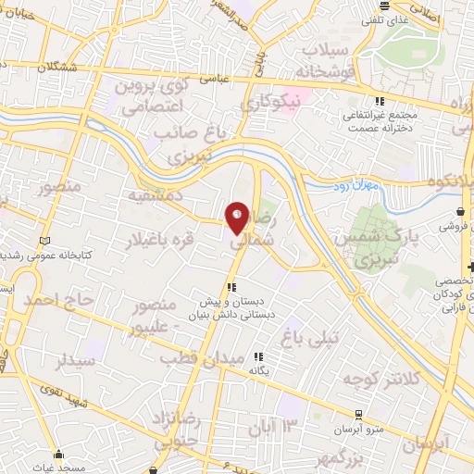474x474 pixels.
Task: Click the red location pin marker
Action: click(x=237, y=218)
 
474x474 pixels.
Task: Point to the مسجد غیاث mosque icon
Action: click(x=60, y=455)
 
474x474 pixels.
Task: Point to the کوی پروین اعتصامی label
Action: click(x=155, y=96)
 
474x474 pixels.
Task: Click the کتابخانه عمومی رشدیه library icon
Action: click(x=43, y=243)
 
